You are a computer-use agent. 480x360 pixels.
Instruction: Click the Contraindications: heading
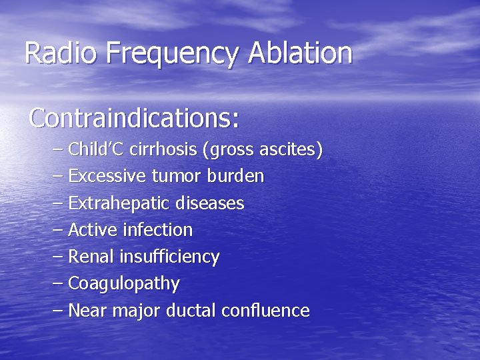tap(134, 118)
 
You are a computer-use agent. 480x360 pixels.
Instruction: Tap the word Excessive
tap(108, 177)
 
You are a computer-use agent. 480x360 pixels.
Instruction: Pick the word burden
tap(236, 177)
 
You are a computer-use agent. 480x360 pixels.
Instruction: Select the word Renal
tap(91, 257)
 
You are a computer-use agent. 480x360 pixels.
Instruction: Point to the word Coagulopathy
tap(124, 284)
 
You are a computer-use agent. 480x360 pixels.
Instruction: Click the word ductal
tap(195, 310)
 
